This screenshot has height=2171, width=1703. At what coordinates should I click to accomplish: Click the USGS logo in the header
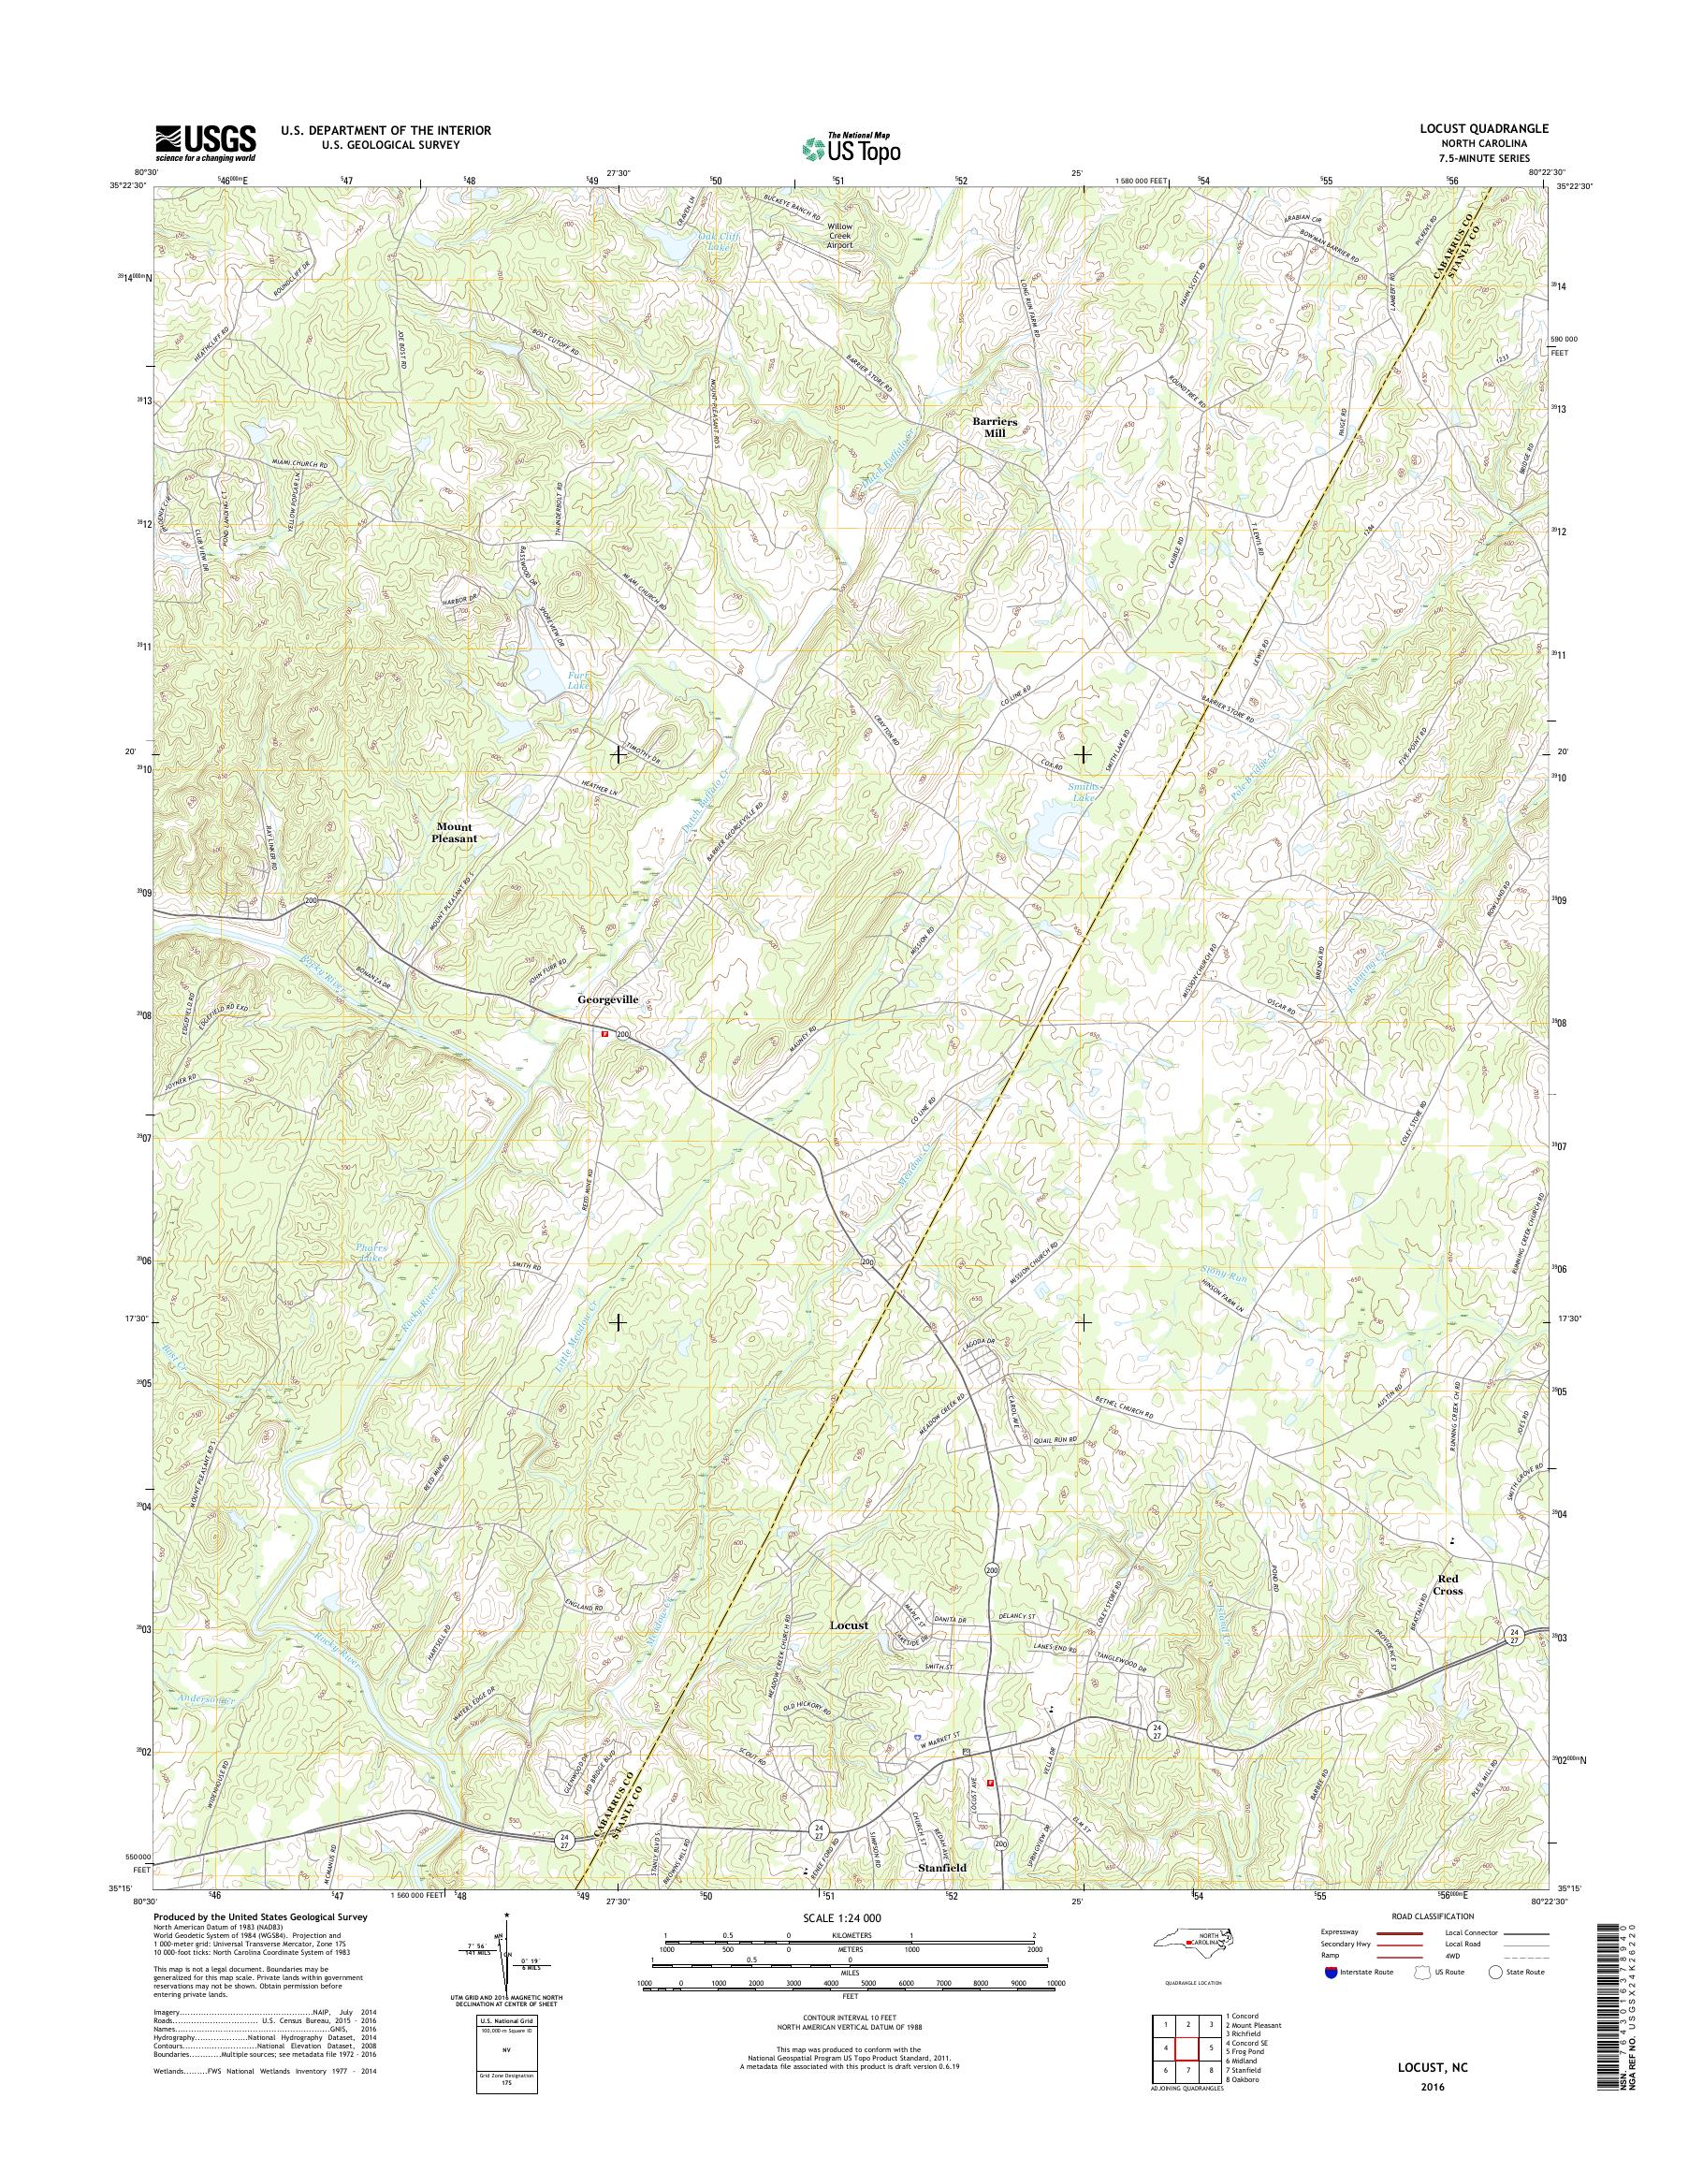204,142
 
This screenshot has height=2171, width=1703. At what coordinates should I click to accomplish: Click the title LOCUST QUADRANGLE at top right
1485,128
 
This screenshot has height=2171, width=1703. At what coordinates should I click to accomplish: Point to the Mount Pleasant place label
454,833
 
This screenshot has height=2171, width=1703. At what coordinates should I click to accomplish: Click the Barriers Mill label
994,427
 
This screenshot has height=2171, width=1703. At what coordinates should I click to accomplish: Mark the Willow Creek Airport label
839,240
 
